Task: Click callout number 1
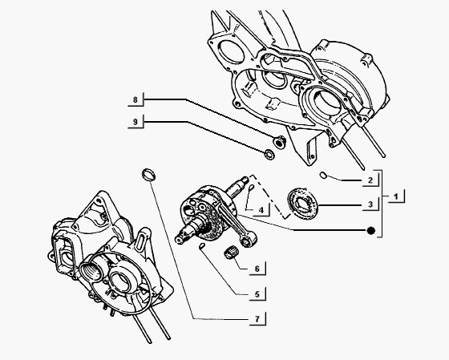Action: point(398,195)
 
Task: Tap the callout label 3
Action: point(370,205)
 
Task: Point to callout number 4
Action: point(261,210)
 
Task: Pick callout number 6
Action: point(256,269)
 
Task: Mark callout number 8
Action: point(136,101)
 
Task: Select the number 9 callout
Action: point(136,122)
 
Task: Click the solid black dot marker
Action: point(371,231)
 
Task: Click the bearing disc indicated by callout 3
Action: point(302,203)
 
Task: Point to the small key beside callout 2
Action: point(322,174)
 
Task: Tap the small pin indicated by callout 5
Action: point(204,249)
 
